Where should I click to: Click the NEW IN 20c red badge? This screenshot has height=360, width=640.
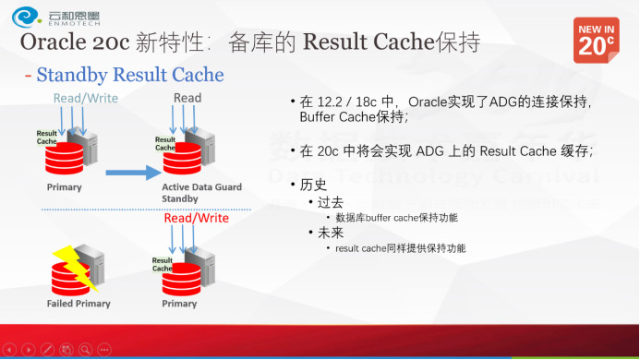(x=597, y=40)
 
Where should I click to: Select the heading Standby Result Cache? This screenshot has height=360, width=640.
(x=129, y=74)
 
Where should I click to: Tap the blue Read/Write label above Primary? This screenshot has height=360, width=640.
(x=85, y=98)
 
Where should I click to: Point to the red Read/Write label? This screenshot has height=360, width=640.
(x=196, y=219)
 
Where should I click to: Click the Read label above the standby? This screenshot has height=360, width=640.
(x=187, y=98)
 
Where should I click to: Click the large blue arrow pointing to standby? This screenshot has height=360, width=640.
(x=131, y=171)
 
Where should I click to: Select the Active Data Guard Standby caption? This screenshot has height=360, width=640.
(x=202, y=192)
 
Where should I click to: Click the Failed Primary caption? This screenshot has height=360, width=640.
(x=78, y=304)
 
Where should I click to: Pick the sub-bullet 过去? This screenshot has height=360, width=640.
(x=330, y=202)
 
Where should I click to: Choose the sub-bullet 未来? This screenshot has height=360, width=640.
(x=330, y=233)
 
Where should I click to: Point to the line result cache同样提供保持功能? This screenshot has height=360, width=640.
(x=399, y=248)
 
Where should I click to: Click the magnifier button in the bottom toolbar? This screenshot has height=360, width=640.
(x=85, y=350)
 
